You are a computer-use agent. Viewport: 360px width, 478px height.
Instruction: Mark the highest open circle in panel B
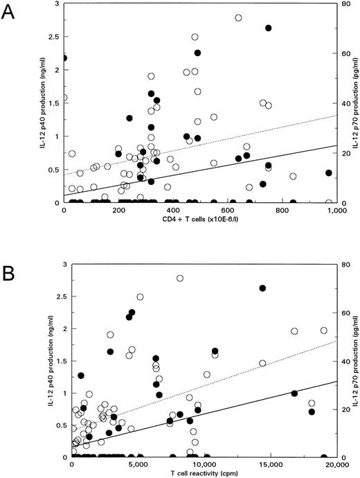(180, 278)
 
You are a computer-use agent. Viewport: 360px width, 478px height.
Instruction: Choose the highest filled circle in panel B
(262, 288)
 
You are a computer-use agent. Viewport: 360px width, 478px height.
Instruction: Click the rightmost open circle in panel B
(324, 330)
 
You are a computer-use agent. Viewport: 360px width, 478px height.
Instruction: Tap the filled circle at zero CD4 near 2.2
(64, 58)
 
